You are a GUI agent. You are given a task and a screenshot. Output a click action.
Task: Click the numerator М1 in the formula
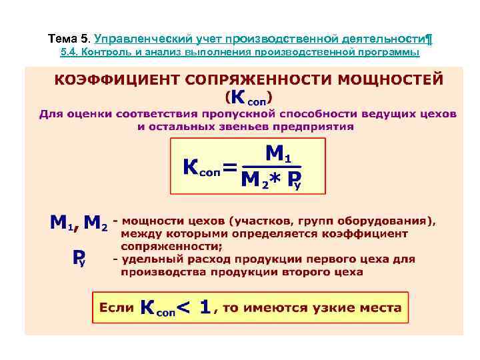click(277, 155)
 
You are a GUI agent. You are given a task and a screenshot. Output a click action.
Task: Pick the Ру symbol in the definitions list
click(79, 258)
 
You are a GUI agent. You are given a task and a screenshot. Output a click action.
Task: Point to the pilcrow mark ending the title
click(429, 37)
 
